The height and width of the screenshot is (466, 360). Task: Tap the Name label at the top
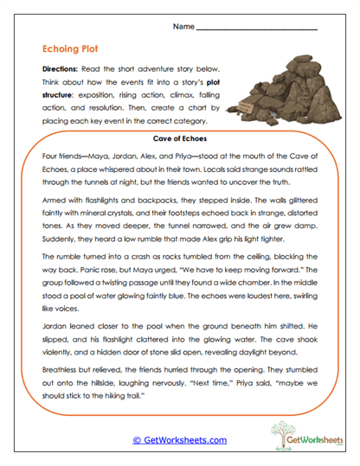coord(183,28)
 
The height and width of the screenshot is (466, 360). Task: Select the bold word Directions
coord(60,68)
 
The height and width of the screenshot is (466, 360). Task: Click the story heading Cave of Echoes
coord(179,137)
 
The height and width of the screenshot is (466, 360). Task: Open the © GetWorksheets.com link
coord(179,440)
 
